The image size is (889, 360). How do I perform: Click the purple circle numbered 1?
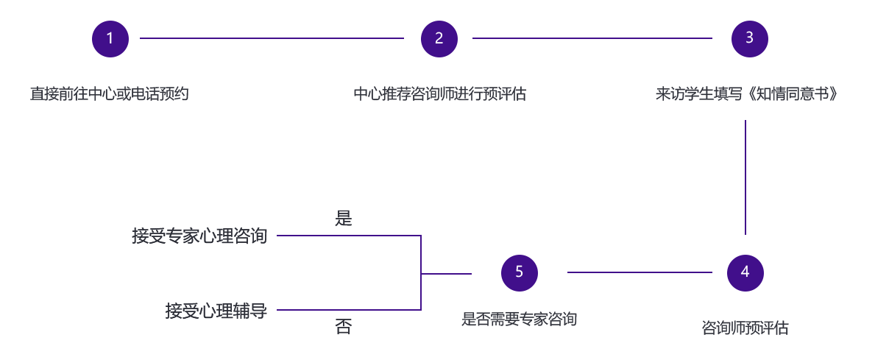coord(110,38)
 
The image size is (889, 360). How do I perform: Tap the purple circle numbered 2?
coord(439,38)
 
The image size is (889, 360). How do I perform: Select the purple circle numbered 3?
coord(749,38)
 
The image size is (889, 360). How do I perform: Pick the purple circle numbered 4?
coord(745,272)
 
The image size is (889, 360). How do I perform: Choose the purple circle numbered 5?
coord(519,272)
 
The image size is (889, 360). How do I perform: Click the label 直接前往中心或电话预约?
coord(110,94)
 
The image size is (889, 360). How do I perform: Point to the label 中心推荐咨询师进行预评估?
coord(439,94)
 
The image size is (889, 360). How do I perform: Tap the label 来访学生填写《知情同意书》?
coord(747,94)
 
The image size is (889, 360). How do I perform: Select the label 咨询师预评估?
coord(745,328)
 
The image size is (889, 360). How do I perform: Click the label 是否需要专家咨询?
coord(519,320)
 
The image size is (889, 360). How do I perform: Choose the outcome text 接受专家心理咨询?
coord(199,236)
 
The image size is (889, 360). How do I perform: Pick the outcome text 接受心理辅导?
coord(216,311)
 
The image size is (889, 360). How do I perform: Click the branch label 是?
coord(344,219)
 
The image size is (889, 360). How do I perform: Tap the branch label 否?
coord(344,328)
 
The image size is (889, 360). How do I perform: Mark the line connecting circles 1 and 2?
coord(272,38)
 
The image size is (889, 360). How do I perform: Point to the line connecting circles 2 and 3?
coord(592,38)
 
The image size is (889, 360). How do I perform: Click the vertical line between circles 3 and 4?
coord(745,177)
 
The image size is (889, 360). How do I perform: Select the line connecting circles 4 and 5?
coord(640,272)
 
